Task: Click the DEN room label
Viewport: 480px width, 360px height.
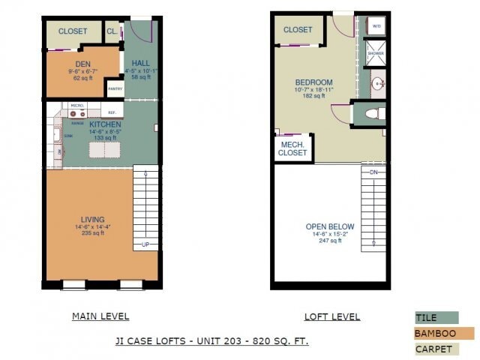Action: pyautogui.click(x=82, y=64)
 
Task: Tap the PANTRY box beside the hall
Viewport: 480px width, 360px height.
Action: pyautogui.click(x=115, y=88)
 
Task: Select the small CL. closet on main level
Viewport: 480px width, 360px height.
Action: pyautogui.click(x=112, y=31)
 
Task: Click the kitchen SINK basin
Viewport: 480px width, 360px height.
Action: pyautogui.click(x=57, y=136)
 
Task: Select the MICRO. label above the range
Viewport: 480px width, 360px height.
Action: pyautogui.click(x=76, y=106)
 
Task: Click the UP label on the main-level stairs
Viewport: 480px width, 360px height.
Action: pyautogui.click(x=145, y=244)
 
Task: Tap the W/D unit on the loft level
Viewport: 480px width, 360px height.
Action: pyautogui.click(x=376, y=25)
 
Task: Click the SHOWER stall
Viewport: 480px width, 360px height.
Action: pyautogui.click(x=376, y=54)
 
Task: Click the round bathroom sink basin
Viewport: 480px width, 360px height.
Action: pyautogui.click(x=378, y=83)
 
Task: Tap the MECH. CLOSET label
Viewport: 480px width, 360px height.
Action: pyautogui.click(x=293, y=148)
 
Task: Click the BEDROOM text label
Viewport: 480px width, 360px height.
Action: pyautogui.click(x=313, y=82)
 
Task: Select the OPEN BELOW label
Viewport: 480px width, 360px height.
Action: pyautogui.click(x=330, y=226)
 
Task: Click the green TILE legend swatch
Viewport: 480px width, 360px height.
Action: pyautogui.click(x=436, y=318)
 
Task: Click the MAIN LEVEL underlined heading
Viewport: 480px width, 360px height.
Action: pyautogui.click(x=100, y=316)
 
